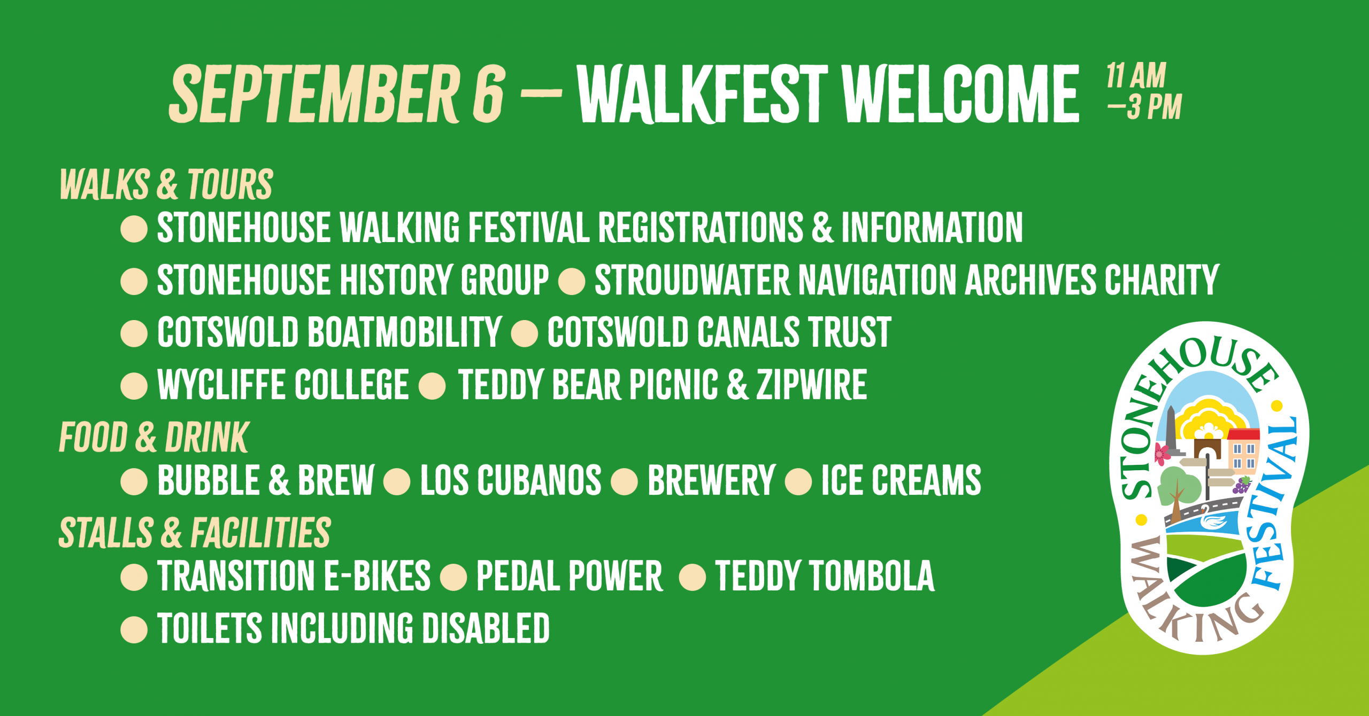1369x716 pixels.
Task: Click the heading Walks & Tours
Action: click(166, 185)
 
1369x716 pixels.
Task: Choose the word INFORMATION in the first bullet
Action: click(932, 228)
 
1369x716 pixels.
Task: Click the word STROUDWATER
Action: click(692, 280)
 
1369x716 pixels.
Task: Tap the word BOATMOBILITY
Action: click(404, 332)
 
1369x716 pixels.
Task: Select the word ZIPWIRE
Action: click(811, 385)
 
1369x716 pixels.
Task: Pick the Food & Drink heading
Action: click(153, 438)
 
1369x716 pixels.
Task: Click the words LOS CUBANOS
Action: click(510, 480)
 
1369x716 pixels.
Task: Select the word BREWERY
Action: click(711, 480)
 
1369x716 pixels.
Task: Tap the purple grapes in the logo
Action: click(1241, 485)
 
